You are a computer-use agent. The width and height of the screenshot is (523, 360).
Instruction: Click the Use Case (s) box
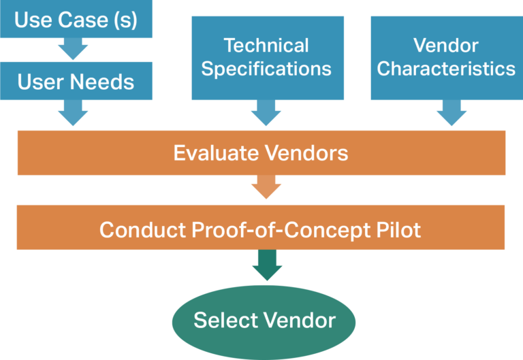click(75, 19)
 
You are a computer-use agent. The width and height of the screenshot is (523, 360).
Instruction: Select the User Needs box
click(75, 81)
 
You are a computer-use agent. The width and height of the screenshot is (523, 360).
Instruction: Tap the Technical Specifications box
click(267, 57)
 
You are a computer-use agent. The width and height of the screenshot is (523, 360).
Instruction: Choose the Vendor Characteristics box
click(446, 57)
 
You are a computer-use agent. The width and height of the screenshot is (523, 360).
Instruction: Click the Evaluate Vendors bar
click(261, 152)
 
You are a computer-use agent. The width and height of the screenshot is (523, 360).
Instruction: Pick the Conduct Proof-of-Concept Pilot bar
click(261, 229)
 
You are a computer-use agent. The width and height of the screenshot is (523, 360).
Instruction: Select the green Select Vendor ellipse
click(264, 321)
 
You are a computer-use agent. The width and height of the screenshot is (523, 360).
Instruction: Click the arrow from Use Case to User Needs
click(73, 49)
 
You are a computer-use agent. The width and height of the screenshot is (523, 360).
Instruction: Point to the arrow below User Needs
click(73, 112)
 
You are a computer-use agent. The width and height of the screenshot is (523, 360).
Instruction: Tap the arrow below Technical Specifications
click(266, 112)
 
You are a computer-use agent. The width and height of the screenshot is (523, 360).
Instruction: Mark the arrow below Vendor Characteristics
click(447, 112)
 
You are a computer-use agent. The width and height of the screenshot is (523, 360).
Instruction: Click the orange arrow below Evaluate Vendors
click(266, 187)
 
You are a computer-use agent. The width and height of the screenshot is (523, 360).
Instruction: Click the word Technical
click(266, 46)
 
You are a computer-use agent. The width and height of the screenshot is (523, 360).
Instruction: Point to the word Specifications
click(267, 69)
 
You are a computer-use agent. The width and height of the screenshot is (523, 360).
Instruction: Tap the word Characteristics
click(446, 69)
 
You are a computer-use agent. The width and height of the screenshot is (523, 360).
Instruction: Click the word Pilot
click(400, 229)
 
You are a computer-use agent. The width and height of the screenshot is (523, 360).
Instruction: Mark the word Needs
click(104, 82)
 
